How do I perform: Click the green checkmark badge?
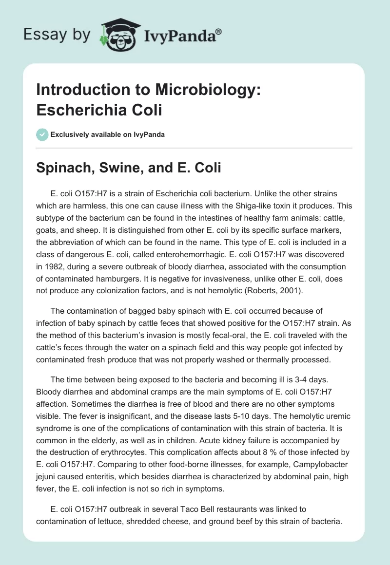click(x=42, y=134)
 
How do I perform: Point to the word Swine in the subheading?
click(x=115, y=168)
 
